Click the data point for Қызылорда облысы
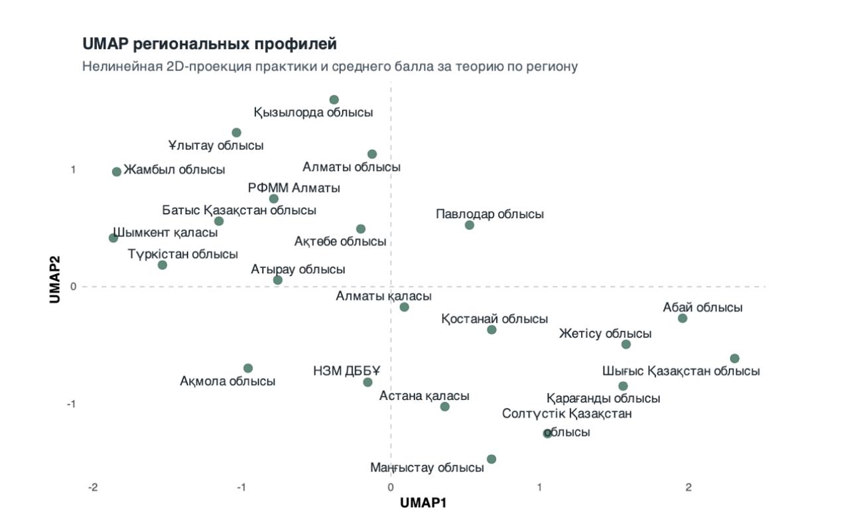coord(334,100)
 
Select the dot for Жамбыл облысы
coord(117,172)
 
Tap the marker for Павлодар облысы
coord(470,225)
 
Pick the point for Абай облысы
coord(683,318)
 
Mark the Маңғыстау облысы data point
coord(491,459)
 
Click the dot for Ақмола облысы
coord(248,368)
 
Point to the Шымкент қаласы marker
coord(113,237)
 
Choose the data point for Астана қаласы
coord(445,407)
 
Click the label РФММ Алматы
coord(294,188)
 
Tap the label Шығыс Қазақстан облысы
coord(681,371)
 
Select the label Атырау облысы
coord(298,269)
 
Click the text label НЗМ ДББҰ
coord(343,371)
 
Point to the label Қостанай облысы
coord(495,319)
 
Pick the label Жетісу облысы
coord(605,334)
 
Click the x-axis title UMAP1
coord(423,503)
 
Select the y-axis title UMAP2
coord(56,279)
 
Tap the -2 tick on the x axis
coord(93,488)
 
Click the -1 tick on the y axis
coord(71,404)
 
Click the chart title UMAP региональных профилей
coord(210,44)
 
